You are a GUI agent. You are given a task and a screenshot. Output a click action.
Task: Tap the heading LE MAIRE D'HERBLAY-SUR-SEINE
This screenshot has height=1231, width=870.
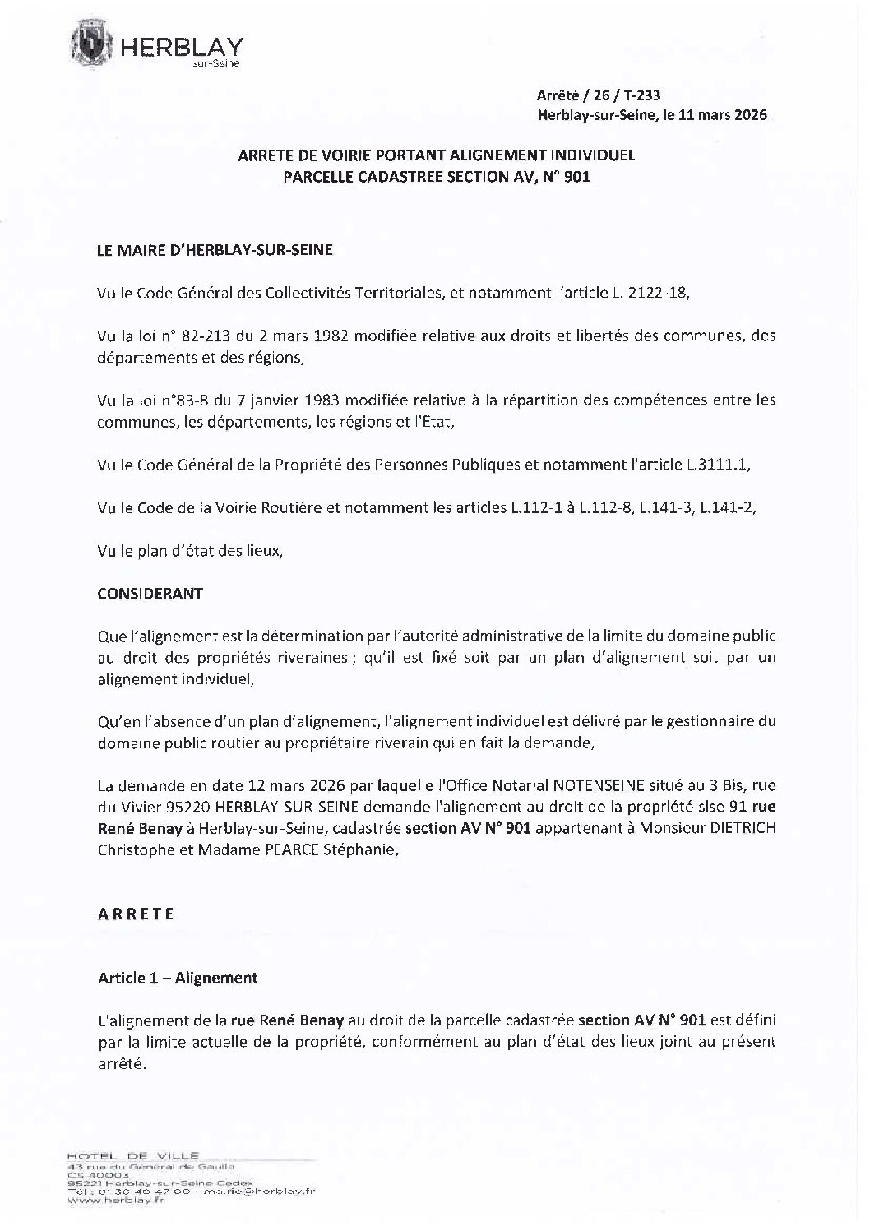215,251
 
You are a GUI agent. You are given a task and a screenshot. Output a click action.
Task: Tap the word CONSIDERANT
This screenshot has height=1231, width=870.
150,593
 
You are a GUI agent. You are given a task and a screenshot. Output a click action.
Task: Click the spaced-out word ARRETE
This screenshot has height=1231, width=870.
136,914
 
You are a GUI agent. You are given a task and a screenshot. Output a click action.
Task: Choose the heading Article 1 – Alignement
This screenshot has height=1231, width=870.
178,978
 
